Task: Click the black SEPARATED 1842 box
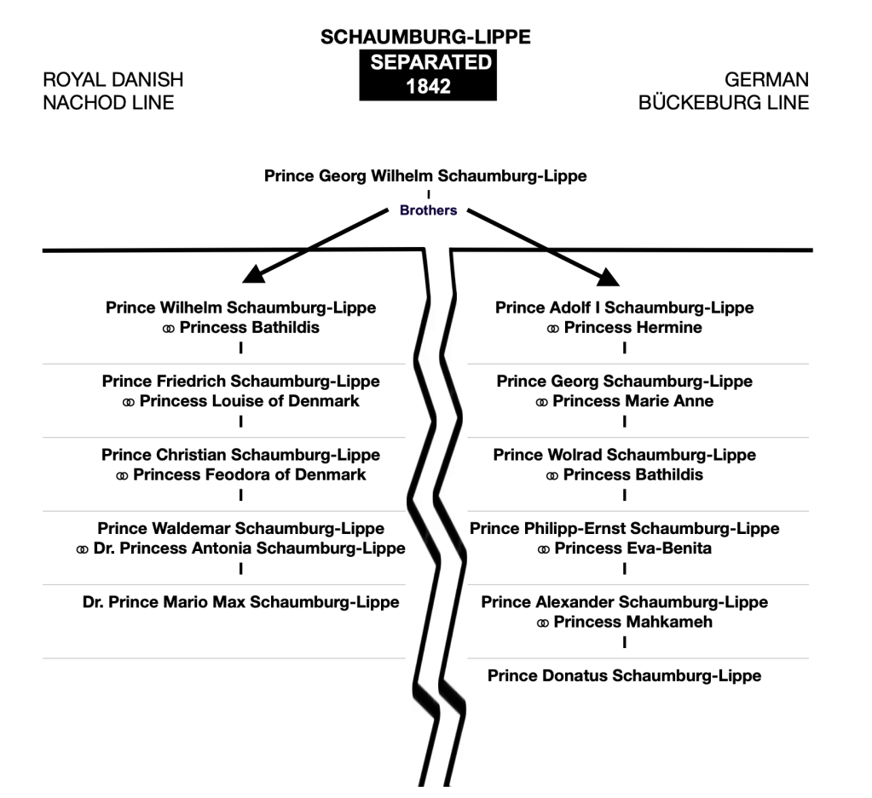427,75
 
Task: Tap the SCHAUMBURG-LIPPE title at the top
425,37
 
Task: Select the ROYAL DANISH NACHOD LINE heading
113,91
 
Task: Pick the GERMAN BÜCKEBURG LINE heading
724,91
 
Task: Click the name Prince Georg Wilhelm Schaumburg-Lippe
425,176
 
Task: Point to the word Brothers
428,210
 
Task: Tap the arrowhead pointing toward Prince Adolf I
606,275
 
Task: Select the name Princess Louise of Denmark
250,401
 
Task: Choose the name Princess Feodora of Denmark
250,474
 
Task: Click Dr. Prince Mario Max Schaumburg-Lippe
241,602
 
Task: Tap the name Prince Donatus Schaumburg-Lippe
624,675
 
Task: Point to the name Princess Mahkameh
632,622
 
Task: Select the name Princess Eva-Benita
632,548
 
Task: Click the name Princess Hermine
632,327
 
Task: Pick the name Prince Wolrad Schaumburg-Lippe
624,455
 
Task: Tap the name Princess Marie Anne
632,401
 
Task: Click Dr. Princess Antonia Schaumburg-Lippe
250,548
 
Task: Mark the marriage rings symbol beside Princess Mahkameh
543,623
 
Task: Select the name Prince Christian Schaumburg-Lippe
240,455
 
